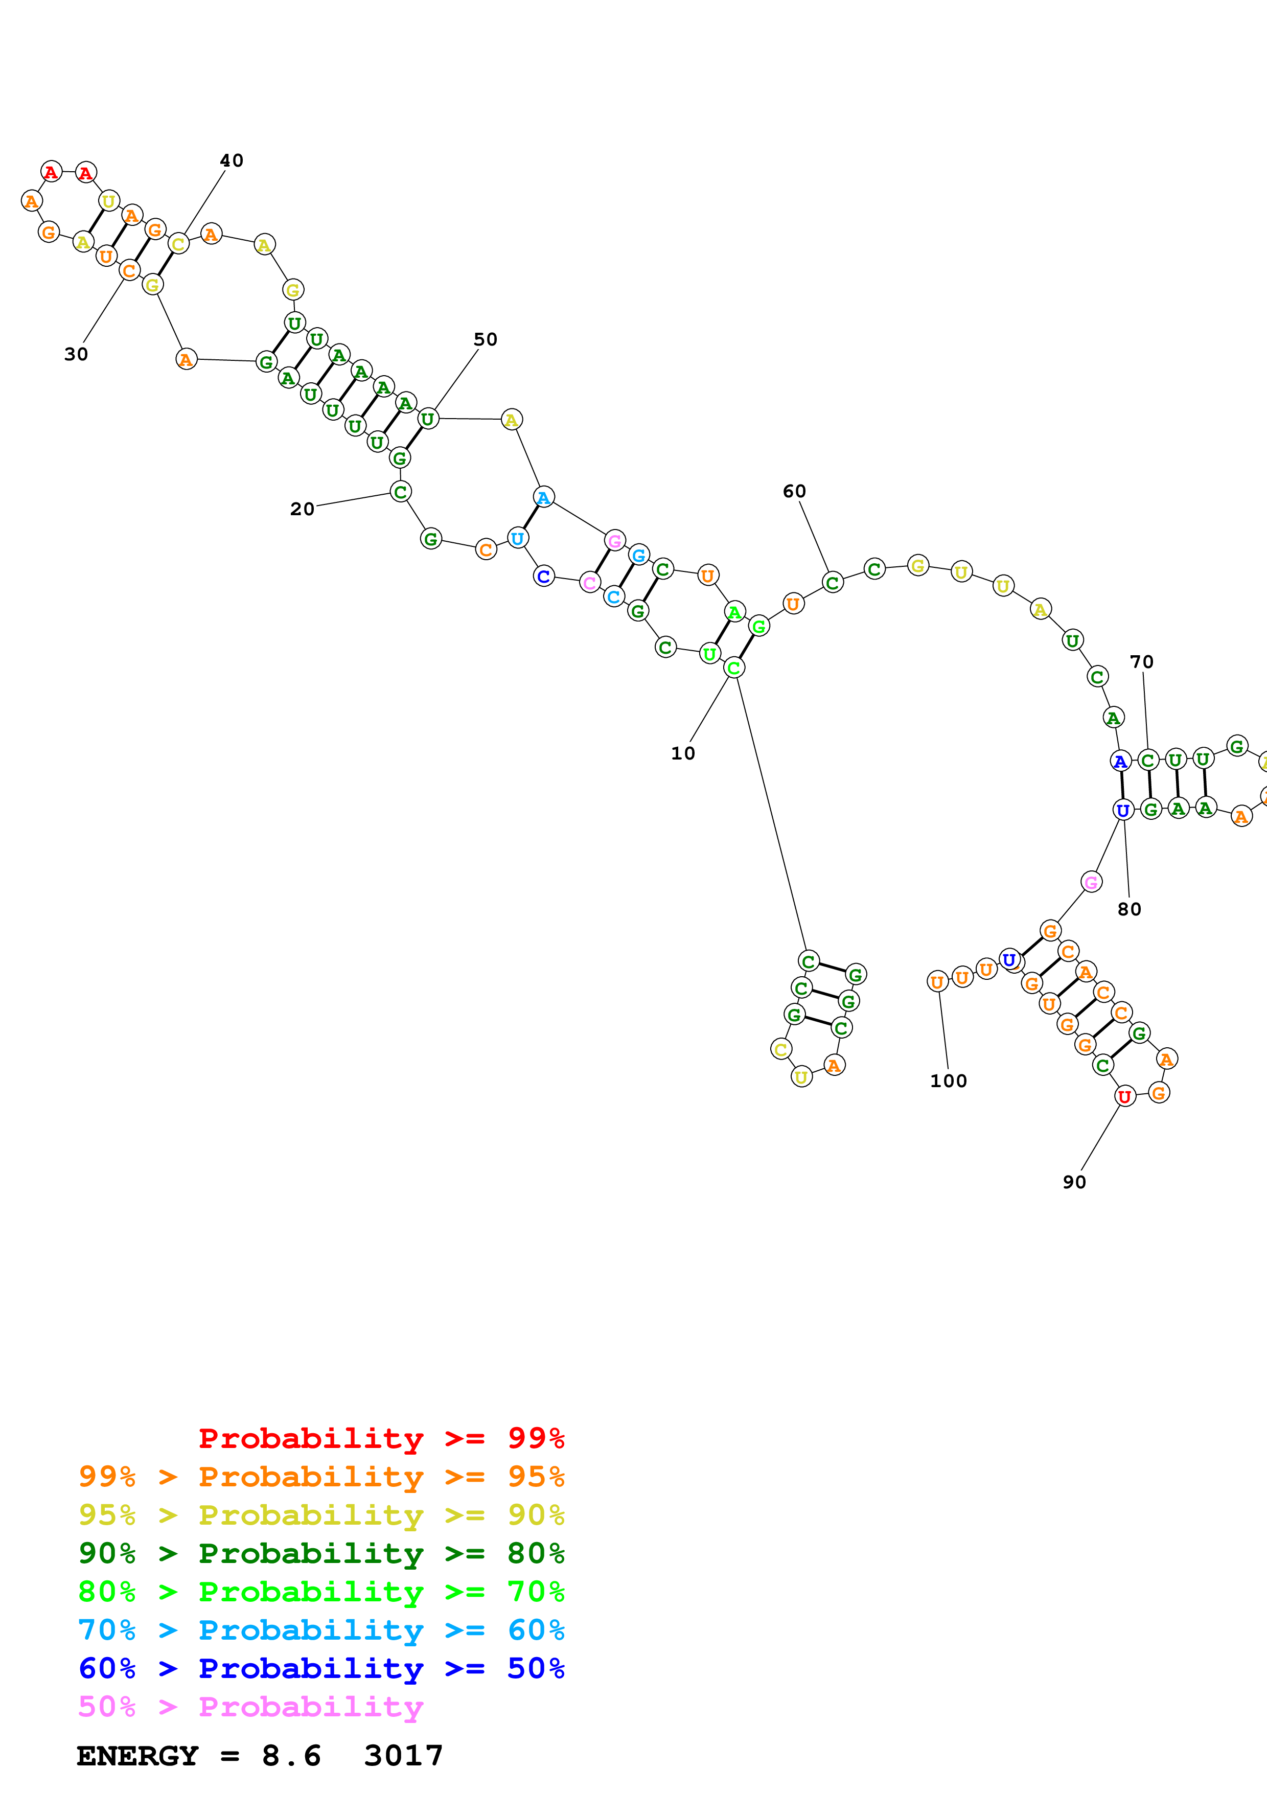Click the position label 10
[682, 753]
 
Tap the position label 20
[302, 509]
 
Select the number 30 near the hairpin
[76, 355]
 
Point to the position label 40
[231, 161]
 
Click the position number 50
[485, 340]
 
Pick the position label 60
[794, 491]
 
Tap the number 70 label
[1141, 662]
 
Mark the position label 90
[1074, 1182]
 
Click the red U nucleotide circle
[1124, 1096]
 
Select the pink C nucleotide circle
[589, 583]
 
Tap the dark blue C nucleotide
[543, 577]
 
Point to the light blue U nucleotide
[517, 538]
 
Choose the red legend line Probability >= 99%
[381, 1438]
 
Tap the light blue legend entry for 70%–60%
[321, 1630]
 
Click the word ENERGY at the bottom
[137, 1756]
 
